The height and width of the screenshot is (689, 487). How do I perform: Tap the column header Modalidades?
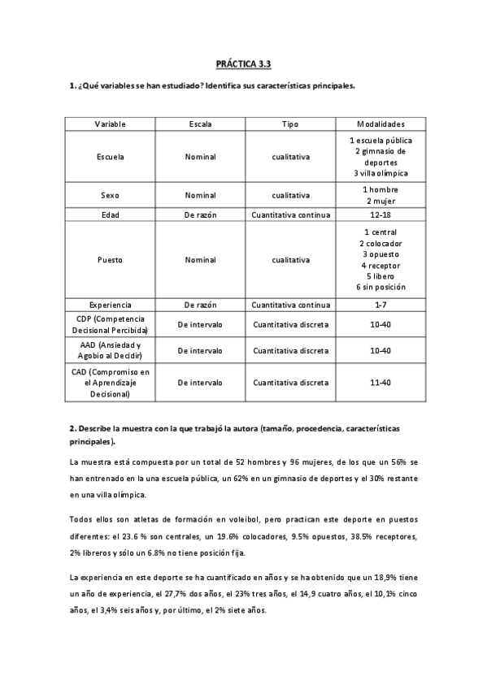point(380,123)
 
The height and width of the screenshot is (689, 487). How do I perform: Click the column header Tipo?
point(290,123)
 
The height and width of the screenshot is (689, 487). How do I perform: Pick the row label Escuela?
point(111,157)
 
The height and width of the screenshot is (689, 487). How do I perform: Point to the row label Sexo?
point(111,195)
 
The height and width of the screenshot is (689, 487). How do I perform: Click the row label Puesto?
point(111,260)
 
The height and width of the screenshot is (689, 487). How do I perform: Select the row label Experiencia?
point(111,305)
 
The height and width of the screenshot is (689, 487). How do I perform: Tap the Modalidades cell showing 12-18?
point(380,215)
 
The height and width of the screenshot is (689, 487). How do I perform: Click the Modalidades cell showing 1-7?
point(380,305)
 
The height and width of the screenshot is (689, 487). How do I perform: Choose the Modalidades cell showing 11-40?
point(380,382)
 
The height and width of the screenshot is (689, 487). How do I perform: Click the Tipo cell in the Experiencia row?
point(290,305)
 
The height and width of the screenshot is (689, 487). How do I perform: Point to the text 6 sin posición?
point(380,288)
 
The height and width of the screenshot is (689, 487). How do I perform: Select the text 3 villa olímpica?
point(380,173)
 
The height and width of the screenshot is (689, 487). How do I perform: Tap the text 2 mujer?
point(380,201)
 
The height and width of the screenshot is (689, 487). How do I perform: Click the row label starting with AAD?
point(111,350)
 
